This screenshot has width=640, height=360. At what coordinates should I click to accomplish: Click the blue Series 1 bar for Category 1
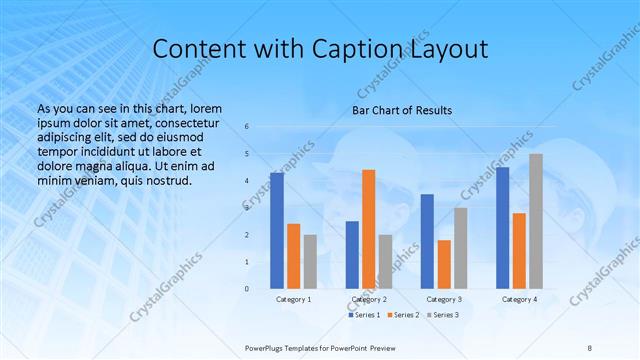tap(277, 231)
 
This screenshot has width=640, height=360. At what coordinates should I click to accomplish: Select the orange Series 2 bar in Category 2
tap(368, 229)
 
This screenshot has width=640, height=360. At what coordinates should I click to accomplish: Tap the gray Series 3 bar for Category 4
tap(536, 221)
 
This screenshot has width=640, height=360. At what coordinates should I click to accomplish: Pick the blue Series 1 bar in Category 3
tap(427, 241)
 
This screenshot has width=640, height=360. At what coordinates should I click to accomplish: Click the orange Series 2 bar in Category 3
tap(444, 264)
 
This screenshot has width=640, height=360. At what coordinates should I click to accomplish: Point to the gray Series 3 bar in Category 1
tap(310, 262)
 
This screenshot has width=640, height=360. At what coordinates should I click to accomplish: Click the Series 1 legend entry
tap(364, 315)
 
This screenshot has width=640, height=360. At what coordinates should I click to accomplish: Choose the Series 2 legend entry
tap(403, 315)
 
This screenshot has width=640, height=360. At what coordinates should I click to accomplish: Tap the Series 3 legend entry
tap(443, 315)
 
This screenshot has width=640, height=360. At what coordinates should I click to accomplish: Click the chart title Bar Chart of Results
tap(402, 110)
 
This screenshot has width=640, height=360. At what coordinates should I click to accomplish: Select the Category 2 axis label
tap(368, 299)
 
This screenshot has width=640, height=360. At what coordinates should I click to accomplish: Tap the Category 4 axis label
tap(519, 299)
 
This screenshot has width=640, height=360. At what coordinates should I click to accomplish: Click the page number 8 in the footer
tap(589, 346)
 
